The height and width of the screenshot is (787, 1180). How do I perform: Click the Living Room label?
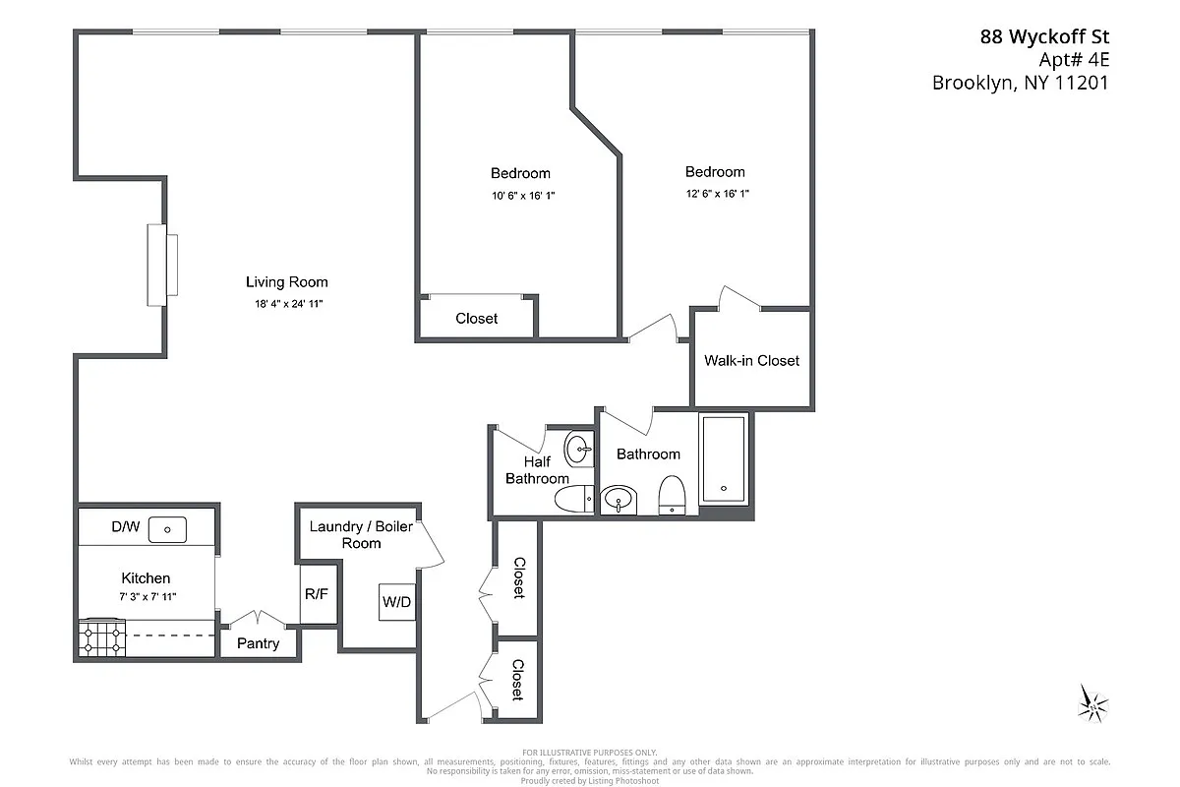coord(286,282)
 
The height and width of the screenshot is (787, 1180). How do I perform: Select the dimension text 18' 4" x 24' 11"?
coord(286,304)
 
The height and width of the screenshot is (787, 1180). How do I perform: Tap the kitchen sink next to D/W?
coord(167,530)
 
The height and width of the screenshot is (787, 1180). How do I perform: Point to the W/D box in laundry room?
coord(396,600)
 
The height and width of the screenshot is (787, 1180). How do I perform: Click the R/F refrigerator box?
coord(316,594)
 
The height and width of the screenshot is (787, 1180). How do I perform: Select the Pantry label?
coord(259,643)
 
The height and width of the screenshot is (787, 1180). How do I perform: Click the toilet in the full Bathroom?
coord(672,494)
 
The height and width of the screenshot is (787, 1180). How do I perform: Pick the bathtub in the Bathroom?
coord(724,460)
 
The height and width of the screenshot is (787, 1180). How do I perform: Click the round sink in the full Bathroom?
coord(618,500)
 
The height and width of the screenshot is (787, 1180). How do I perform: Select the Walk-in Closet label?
coord(751,360)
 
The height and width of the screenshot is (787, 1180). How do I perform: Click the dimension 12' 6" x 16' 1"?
coord(717,194)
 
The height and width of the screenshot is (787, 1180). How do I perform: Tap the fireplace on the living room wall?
coord(162,265)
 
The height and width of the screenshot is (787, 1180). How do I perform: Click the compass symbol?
coord(1092,701)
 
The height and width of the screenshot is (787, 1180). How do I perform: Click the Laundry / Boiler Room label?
coord(361,534)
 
